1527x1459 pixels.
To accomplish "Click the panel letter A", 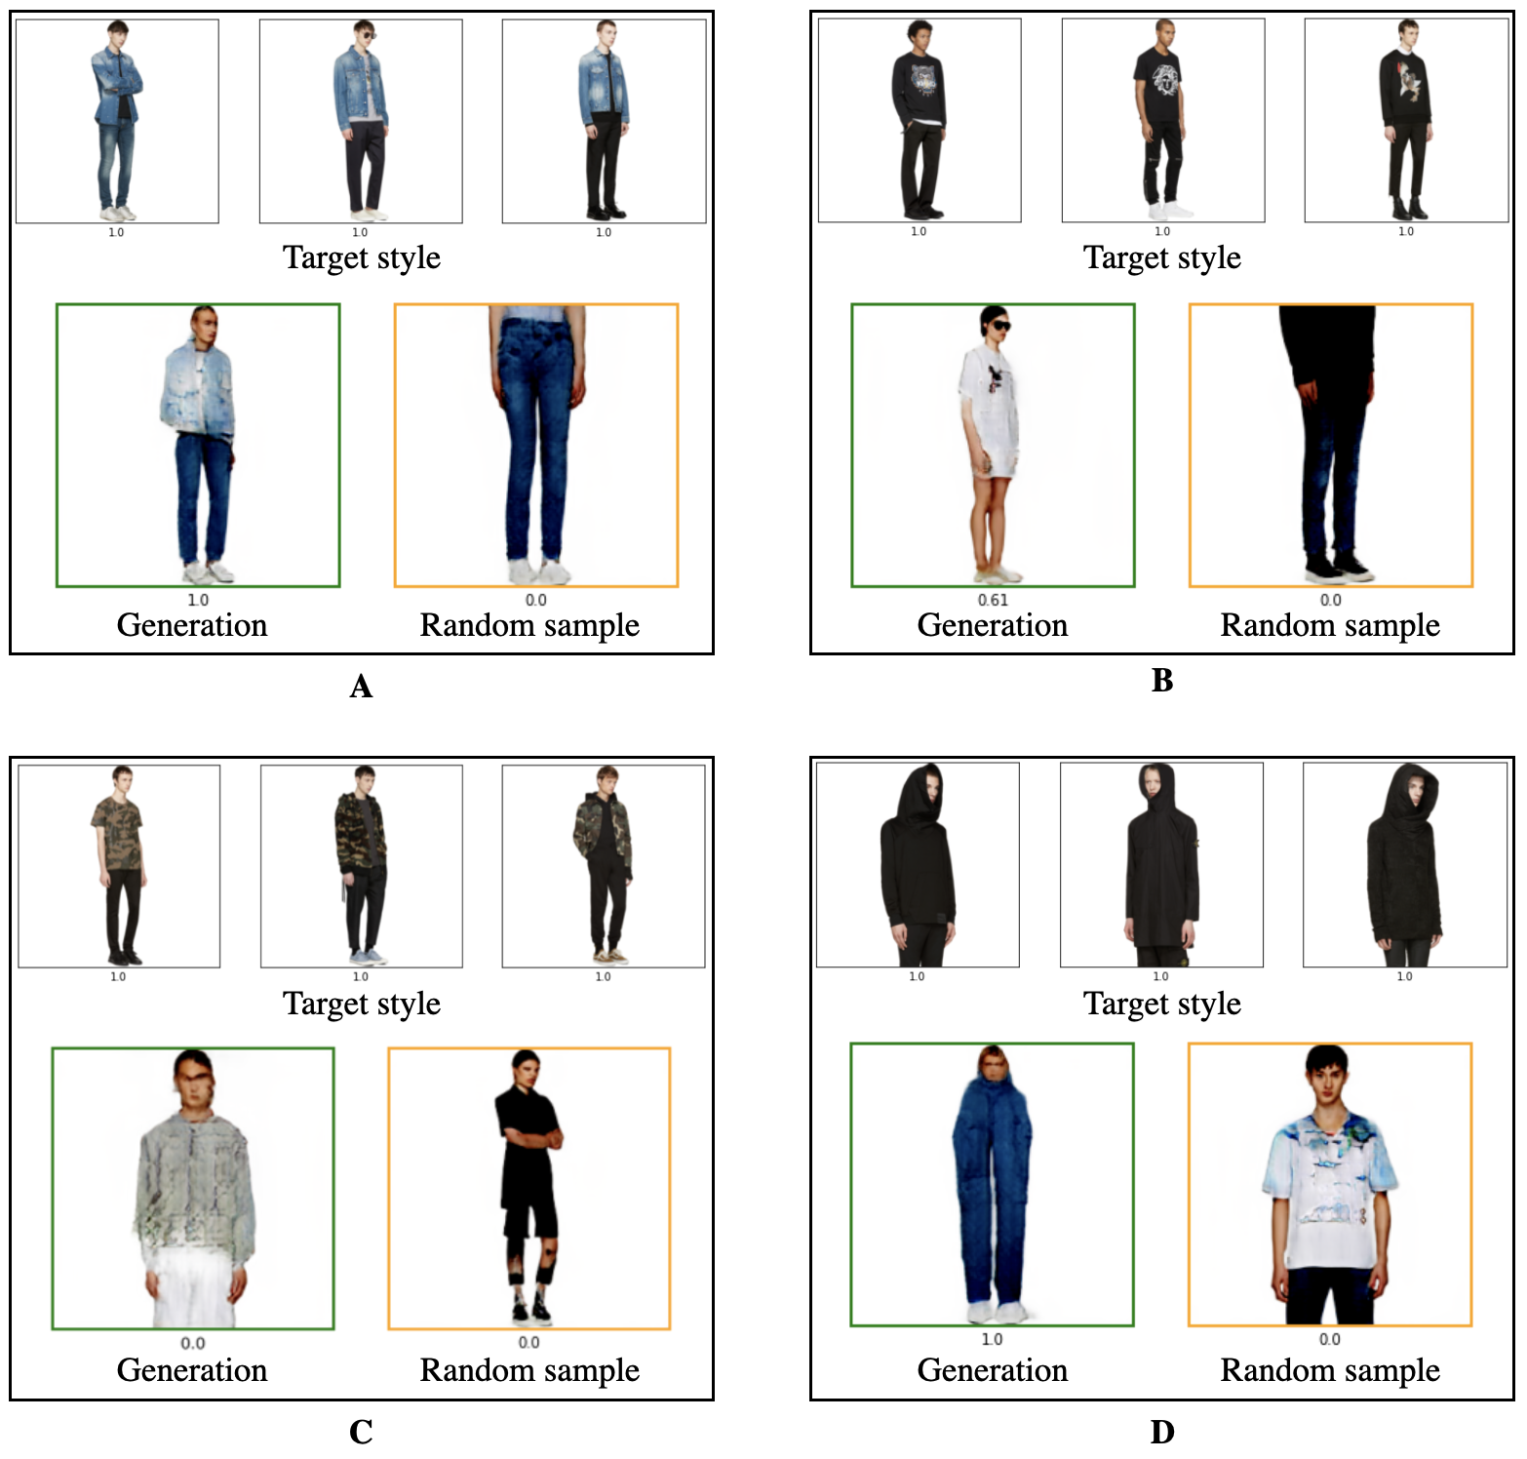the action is [x=361, y=687].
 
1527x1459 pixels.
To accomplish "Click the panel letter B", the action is [x=1161, y=681].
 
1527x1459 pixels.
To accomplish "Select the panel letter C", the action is [x=361, y=1432].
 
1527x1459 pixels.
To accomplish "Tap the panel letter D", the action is [x=1161, y=1432].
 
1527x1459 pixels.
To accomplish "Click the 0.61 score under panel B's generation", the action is [x=993, y=600].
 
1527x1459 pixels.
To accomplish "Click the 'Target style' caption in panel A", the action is [x=362, y=257].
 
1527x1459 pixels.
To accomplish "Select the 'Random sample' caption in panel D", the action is [x=1330, y=1370].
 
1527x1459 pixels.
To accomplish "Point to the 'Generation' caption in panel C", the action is [x=192, y=1370].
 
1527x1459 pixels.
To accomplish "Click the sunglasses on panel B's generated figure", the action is [x=996, y=326].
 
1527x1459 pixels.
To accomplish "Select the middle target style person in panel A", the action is [x=361, y=122].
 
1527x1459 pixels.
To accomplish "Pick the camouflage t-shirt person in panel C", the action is [x=118, y=863].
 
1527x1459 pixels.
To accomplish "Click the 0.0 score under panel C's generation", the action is [x=193, y=1343].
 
